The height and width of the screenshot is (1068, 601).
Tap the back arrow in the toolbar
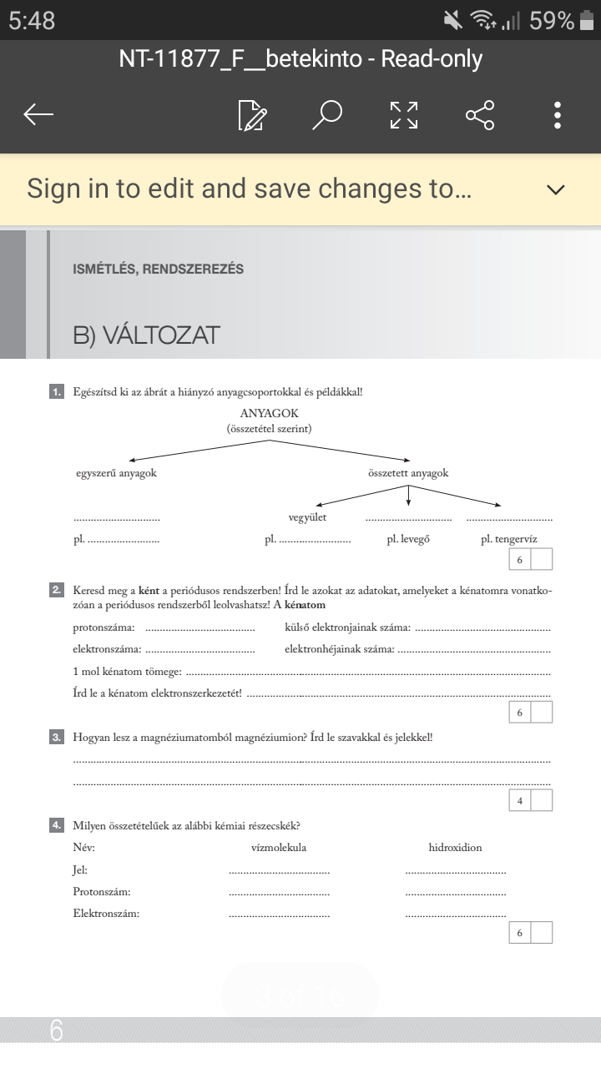coord(38,115)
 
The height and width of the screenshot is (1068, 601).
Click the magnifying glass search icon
coord(327,115)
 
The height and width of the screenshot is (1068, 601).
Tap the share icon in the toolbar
coord(480,115)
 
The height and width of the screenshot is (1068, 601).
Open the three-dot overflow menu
coord(558,115)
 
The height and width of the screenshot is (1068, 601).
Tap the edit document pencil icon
coord(252,115)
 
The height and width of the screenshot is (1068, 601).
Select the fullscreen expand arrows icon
coord(404,115)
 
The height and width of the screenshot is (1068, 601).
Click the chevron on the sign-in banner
coord(556,189)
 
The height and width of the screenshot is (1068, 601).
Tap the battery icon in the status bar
coord(588,20)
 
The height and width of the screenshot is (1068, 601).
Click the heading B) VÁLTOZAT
coord(146,335)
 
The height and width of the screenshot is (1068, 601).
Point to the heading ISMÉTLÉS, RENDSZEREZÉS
coord(159,270)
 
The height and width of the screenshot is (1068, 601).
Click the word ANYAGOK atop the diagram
coord(269,414)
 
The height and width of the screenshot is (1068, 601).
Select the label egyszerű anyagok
coord(117,473)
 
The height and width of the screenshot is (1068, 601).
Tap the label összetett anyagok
coord(408,473)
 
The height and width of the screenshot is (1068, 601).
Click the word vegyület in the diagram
coord(307,517)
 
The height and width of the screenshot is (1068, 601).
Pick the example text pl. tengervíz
coord(509,539)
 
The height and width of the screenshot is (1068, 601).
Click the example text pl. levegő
coord(408,539)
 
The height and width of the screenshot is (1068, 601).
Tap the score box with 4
coord(520,801)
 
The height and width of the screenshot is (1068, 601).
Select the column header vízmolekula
coord(279,848)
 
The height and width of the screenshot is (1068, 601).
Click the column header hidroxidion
coord(455,848)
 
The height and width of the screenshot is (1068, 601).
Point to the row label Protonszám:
coord(102,892)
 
